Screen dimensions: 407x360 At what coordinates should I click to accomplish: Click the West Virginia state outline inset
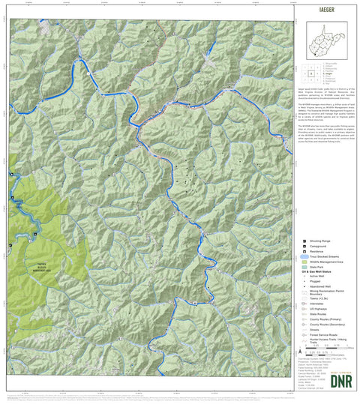327,37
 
